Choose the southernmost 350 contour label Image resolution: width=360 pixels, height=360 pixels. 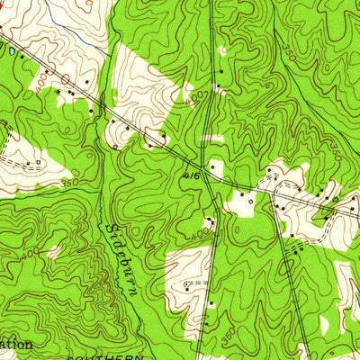coord(227,335)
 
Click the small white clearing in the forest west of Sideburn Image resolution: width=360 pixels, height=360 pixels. coord(54,253)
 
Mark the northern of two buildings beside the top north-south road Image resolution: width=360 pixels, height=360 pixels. coord(220,70)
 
